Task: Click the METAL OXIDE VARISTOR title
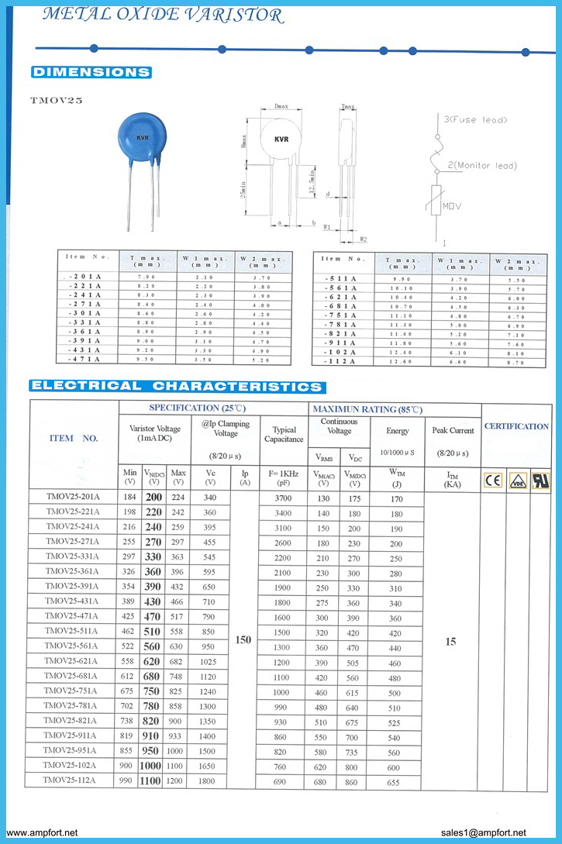pos(162,15)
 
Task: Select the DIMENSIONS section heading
pos(91,72)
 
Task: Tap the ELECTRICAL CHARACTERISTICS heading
pos(177,386)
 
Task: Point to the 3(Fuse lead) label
pos(475,120)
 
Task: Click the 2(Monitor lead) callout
pos(481,165)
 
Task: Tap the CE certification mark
pos(493,480)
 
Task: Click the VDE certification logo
pos(517,480)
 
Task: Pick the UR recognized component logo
pos(540,480)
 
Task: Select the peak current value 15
pos(451,642)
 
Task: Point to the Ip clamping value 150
pos(243,640)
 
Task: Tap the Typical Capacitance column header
pos(284,434)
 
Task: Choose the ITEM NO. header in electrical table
pos(74,438)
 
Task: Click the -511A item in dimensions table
pos(342,279)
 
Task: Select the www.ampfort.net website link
pos(42,832)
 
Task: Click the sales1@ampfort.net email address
pos(488,832)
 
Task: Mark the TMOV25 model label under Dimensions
pos(57,100)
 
